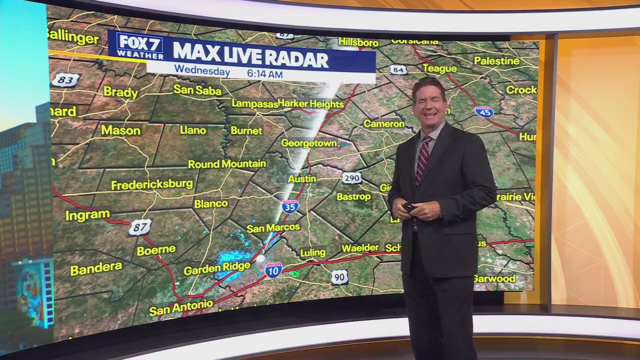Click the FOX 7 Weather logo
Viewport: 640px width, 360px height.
[x=139, y=46]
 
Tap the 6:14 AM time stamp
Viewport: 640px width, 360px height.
[x=264, y=73]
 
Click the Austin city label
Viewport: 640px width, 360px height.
[x=302, y=178]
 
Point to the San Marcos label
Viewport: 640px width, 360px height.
[x=273, y=228]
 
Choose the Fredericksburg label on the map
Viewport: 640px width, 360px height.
[x=152, y=184]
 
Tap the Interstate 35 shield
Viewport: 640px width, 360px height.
[x=290, y=206]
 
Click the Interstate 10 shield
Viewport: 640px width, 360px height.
[x=273, y=270]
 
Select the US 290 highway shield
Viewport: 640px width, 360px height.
[x=352, y=177]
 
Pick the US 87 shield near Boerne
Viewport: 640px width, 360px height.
[x=139, y=227]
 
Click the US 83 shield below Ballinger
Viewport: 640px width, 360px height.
[x=65, y=80]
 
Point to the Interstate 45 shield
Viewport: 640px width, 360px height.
[x=483, y=111]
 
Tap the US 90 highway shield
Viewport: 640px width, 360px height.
[x=339, y=277]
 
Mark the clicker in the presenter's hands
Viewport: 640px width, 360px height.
[x=409, y=206]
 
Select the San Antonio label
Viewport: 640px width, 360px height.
[x=181, y=307]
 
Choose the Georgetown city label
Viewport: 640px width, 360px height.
[x=308, y=143]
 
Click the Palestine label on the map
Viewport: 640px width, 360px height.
[x=496, y=61]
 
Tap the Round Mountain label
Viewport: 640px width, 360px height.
[x=227, y=164]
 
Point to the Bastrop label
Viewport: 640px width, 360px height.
[x=353, y=196]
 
